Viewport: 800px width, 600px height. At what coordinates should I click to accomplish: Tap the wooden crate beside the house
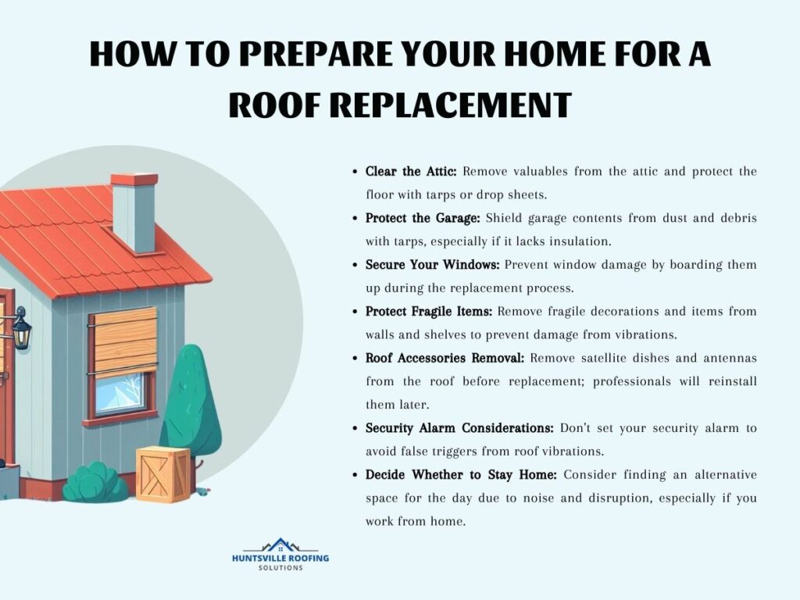[x=162, y=474]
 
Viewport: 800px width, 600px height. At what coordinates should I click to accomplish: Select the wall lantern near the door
[x=21, y=329]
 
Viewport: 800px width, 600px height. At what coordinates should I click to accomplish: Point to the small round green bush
[x=95, y=482]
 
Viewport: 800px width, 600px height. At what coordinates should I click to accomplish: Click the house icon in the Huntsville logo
[x=280, y=545]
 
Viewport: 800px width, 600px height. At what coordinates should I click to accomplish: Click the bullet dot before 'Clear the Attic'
[x=355, y=171]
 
